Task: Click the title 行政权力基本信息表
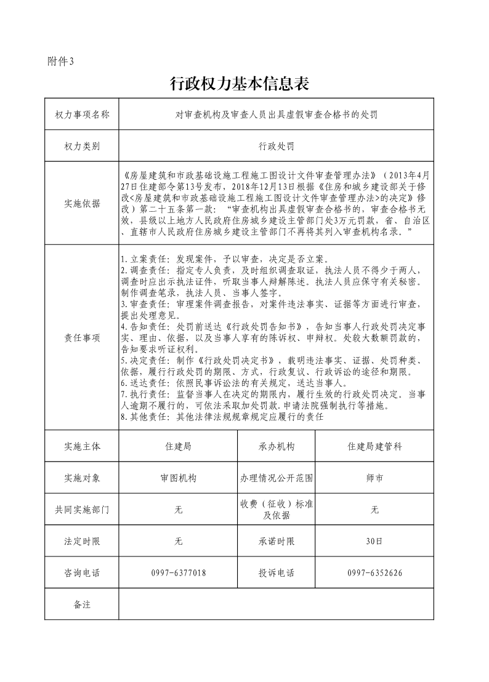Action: click(238, 84)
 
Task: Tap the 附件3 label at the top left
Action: click(60, 61)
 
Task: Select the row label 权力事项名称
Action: click(82, 114)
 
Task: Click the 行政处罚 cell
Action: click(276, 146)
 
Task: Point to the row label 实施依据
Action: click(82, 204)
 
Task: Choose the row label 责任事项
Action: click(82, 338)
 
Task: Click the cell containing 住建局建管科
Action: click(374, 447)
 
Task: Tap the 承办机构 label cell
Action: click(277, 447)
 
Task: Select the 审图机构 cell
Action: click(178, 478)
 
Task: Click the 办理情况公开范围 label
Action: click(277, 478)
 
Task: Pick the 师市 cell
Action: click(374, 478)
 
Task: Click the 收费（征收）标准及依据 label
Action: click(277, 510)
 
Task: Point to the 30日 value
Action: click(374, 542)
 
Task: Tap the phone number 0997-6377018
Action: click(178, 573)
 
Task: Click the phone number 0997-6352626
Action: click(374, 573)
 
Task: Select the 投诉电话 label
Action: click(277, 573)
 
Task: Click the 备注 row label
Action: click(82, 604)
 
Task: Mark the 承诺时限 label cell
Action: click(277, 542)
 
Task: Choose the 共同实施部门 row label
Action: click(82, 510)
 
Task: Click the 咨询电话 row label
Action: click(82, 573)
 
